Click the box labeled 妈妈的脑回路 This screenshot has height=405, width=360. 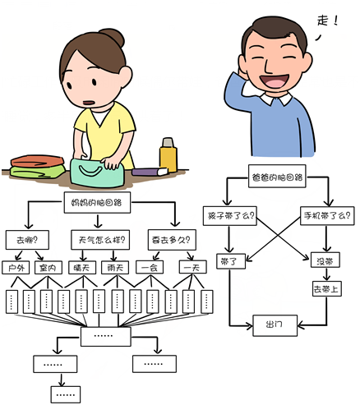pos(97,202)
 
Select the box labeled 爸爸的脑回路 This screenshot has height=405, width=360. pos(277,176)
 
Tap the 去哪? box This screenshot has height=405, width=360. pos(27,240)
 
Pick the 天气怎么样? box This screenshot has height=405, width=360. pos(100,240)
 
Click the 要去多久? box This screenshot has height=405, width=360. pos(172,240)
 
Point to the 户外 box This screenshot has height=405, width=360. pos(16,268)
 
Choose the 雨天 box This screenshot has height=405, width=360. pos(115,268)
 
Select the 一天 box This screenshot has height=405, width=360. pos(192,267)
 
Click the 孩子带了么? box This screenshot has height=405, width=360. pos(230,216)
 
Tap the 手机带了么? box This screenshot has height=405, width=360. pos(327,216)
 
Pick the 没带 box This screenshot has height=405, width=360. pos(325,260)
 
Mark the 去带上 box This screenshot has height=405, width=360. pos(326,288)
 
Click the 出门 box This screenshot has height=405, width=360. pos(275,325)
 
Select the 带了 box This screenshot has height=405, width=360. pos(231,261)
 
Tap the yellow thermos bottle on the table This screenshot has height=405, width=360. pos(168,154)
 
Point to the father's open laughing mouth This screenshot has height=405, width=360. pos(275,81)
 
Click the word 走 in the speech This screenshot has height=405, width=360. pos(323,21)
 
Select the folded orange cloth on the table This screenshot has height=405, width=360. pos(37,161)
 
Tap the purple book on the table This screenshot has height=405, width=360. pos(150,172)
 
